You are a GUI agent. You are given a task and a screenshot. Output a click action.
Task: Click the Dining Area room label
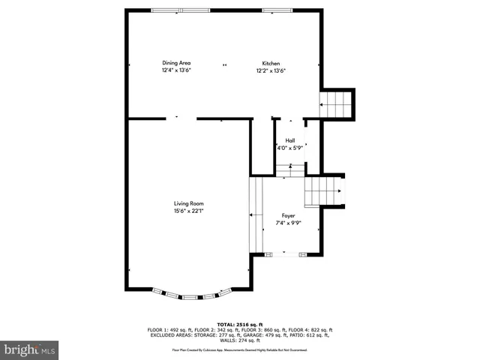click(x=177, y=63)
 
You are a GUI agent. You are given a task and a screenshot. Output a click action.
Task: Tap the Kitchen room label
click(x=271, y=63)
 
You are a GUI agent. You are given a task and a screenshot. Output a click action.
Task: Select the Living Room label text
click(x=189, y=203)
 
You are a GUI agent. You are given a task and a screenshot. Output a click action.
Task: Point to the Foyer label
click(x=288, y=215)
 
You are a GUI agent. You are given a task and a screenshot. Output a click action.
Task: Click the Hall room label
click(x=289, y=140)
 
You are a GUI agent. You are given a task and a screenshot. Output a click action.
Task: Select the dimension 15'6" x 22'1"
click(x=189, y=211)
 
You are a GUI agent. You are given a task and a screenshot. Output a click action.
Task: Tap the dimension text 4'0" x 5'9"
click(x=289, y=148)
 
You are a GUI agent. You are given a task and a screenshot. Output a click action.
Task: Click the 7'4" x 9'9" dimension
click(x=288, y=223)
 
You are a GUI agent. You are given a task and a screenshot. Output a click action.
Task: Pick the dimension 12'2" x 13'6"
click(x=271, y=70)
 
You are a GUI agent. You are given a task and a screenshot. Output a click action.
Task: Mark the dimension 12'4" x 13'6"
click(x=177, y=70)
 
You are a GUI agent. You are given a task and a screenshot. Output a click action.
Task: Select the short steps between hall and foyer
click(x=293, y=172)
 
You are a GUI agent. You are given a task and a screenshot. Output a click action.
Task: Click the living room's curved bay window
click(x=190, y=295)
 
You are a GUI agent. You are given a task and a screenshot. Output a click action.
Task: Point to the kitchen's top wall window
click(x=273, y=10)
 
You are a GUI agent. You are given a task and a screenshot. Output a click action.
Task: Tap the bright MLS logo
click(x=30, y=349)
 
